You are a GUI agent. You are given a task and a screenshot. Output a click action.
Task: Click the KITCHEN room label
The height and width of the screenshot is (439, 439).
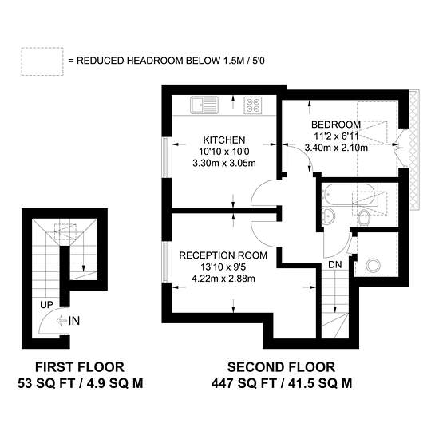[x=224, y=140]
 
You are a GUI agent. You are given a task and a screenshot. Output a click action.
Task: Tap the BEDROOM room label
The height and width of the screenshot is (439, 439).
[x=336, y=125]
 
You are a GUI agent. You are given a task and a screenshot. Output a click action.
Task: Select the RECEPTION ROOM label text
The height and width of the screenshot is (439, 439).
[x=223, y=255]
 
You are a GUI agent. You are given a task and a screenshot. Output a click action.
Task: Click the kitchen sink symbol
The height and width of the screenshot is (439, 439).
[x=204, y=105]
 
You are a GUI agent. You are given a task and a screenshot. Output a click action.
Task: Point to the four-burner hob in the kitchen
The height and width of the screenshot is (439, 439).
[x=253, y=105]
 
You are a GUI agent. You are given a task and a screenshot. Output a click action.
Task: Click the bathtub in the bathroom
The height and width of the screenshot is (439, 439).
[x=348, y=195]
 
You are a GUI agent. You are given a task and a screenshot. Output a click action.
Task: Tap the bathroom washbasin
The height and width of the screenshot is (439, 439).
[x=328, y=216]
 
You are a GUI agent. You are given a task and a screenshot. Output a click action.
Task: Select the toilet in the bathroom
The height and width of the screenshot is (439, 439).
[x=364, y=217]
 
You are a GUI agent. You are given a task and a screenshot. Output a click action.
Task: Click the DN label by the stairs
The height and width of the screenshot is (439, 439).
[x=335, y=264]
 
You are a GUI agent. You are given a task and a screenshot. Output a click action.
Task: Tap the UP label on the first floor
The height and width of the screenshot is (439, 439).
[x=46, y=305]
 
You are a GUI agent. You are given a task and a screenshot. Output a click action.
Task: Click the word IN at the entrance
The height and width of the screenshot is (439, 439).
[x=74, y=321]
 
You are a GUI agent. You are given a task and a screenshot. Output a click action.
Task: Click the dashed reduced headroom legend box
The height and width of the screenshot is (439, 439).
[x=42, y=61]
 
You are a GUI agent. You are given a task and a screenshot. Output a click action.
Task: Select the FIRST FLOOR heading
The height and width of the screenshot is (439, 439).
[x=80, y=367]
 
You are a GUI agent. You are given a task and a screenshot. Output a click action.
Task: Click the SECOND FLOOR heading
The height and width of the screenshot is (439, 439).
[x=282, y=367]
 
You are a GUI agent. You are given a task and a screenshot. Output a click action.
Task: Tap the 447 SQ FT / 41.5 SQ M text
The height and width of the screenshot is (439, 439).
[x=282, y=383]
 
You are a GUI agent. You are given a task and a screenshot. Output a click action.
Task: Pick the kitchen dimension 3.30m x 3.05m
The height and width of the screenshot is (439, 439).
[x=224, y=163]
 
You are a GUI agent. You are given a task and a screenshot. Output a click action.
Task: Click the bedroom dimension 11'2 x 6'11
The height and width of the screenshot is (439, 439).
[x=336, y=136]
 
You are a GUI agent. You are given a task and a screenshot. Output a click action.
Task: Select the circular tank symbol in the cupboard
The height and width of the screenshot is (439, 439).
[x=374, y=266]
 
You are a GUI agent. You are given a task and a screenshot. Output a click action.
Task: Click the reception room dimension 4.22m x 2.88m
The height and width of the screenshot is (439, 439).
[x=223, y=279]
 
